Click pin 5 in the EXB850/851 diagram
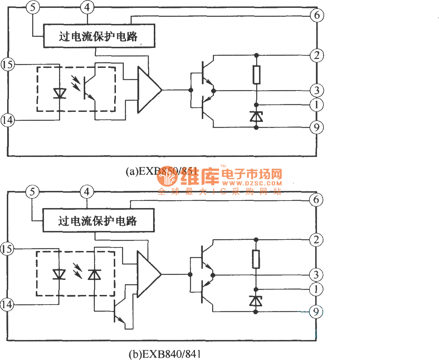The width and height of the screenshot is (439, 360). pyautogui.click(x=33, y=7)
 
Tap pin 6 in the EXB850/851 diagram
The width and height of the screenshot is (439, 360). pyautogui.click(x=317, y=15)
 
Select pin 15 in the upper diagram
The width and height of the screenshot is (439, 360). pyautogui.click(x=8, y=65)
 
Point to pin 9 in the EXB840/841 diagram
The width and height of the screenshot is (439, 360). pyautogui.click(x=316, y=312)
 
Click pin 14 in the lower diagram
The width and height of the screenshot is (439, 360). pyautogui.click(x=7, y=305)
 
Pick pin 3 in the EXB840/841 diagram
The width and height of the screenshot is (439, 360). pyautogui.click(x=316, y=275)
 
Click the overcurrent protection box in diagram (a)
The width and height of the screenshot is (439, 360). pyautogui.click(x=99, y=36)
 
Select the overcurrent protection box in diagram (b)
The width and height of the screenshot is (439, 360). pyautogui.click(x=98, y=221)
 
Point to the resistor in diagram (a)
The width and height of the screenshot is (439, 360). pyautogui.click(x=256, y=75)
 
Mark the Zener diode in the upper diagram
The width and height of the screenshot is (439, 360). pyautogui.click(x=256, y=116)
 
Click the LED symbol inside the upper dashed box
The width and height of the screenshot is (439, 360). pyautogui.click(x=59, y=93)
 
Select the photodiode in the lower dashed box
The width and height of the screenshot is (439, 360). pyautogui.click(x=94, y=275)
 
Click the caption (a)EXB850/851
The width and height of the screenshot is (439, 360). pyautogui.click(x=161, y=171)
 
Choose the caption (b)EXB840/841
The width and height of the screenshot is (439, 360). pyautogui.click(x=165, y=354)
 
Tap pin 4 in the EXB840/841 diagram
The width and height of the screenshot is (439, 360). pyautogui.click(x=87, y=192)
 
